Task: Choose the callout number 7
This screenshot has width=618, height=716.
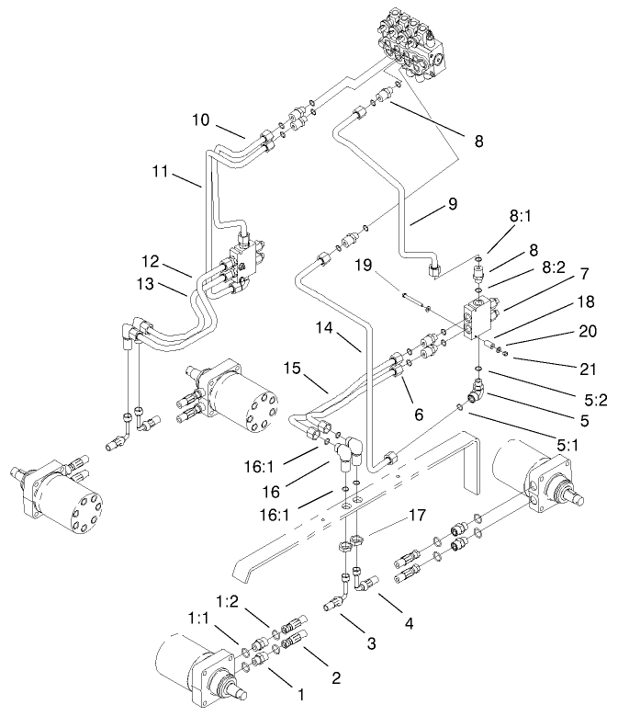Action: click(557, 274)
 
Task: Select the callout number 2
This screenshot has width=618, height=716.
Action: click(336, 678)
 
